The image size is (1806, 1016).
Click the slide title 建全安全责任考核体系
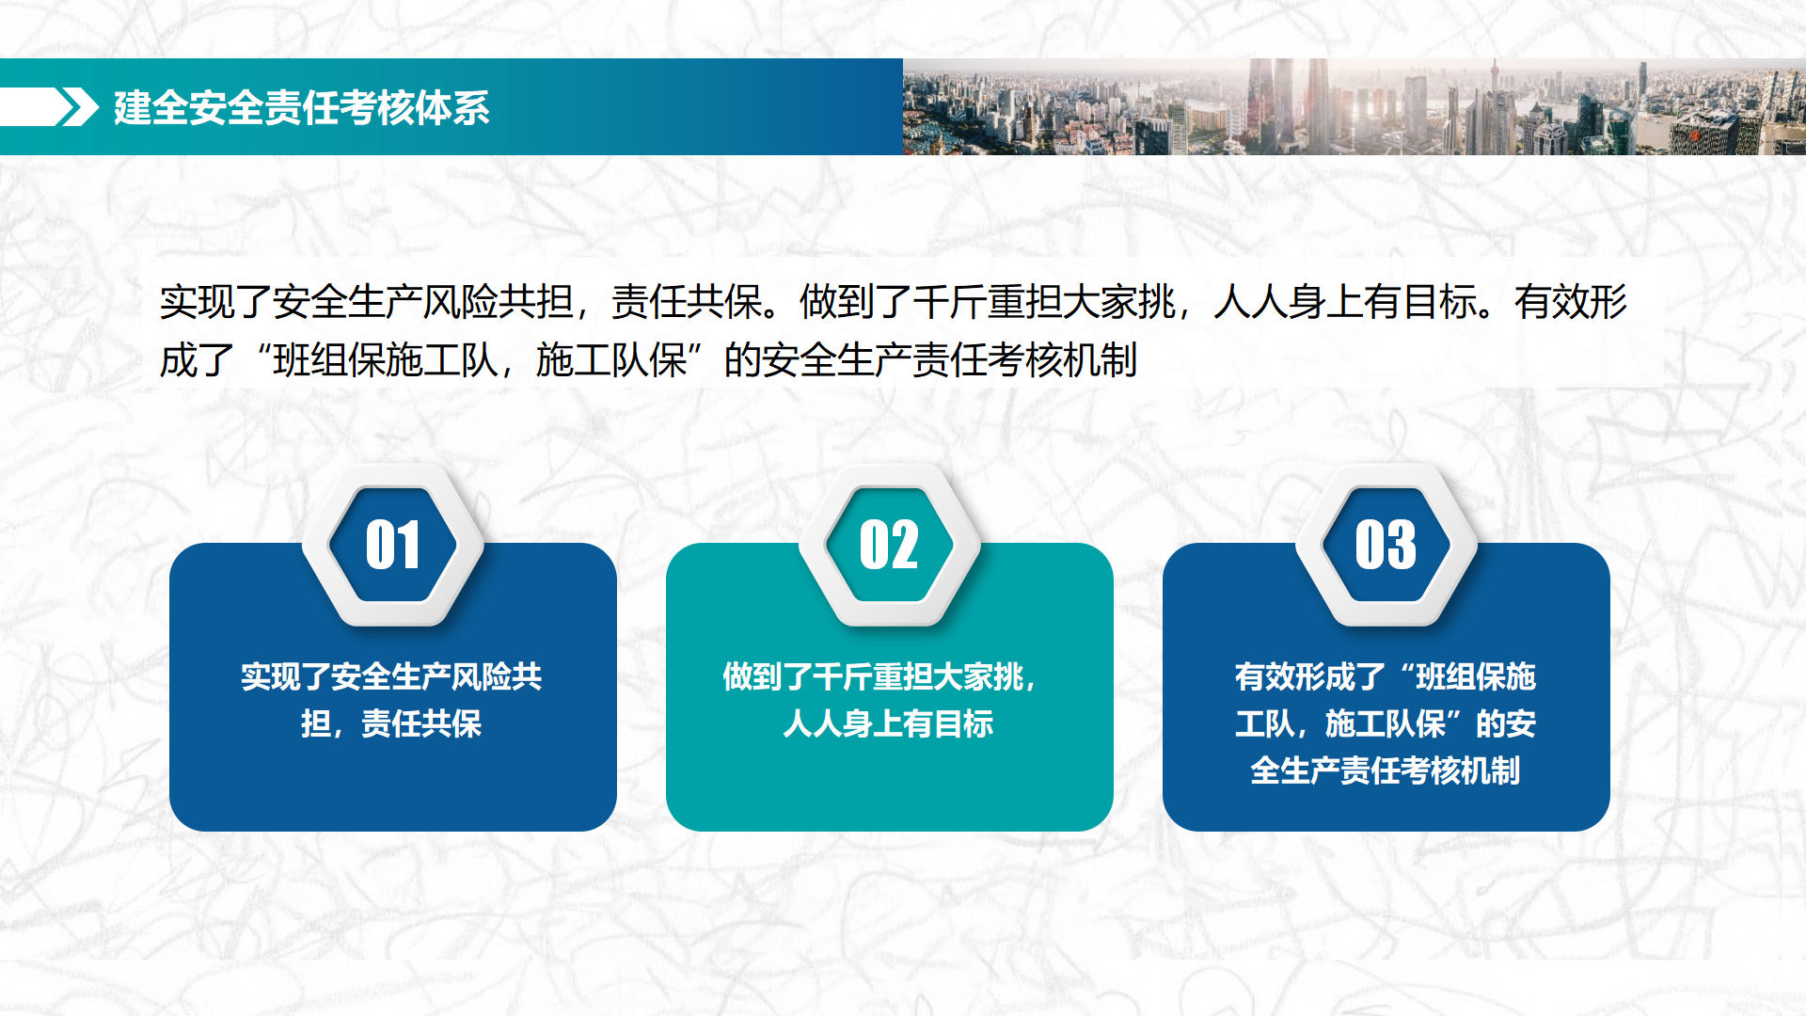click(302, 107)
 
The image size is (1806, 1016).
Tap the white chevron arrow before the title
click(79, 107)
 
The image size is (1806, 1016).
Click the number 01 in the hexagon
click(392, 545)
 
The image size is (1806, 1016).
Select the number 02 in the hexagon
click(889, 545)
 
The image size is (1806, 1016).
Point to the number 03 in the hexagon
click(1386, 545)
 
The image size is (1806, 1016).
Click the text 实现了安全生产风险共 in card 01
click(392, 676)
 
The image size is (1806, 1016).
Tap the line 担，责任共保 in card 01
click(392, 723)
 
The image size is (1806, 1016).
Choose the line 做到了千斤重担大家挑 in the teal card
click(879, 676)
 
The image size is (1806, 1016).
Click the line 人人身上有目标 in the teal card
click(889, 723)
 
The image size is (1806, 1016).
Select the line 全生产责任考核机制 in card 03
click(1386, 770)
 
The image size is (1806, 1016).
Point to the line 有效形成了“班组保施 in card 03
click(1386, 676)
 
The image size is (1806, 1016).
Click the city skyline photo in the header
click(1354, 106)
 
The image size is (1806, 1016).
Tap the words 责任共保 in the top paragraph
click(687, 302)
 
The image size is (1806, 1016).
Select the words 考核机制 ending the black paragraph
click(1063, 360)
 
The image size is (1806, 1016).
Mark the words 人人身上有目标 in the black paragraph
click(1345, 302)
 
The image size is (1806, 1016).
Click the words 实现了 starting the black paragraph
click(216, 302)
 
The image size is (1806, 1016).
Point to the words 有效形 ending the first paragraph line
click(1571, 302)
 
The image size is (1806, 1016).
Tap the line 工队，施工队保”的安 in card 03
click(1386, 723)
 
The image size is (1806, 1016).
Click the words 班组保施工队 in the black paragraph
click(386, 360)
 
